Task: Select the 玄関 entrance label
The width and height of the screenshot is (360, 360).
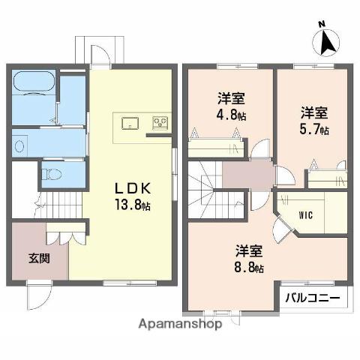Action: [40, 259]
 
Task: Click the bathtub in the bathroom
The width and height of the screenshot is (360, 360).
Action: [34, 81]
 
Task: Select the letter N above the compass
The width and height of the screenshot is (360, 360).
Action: [320, 24]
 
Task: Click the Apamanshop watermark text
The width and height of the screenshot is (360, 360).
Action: [180, 325]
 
